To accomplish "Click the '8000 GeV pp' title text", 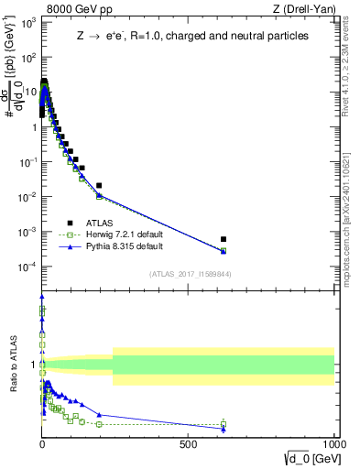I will (76, 9).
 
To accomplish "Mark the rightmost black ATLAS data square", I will (224, 239).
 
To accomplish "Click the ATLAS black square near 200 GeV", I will (99, 185).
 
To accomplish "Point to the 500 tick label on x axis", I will (189, 443).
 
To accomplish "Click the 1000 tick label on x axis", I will (333, 443).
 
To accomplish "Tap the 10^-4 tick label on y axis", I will (26, 267).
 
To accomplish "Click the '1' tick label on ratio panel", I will (34, 365).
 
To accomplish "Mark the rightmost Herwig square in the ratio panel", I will (224, 424).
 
